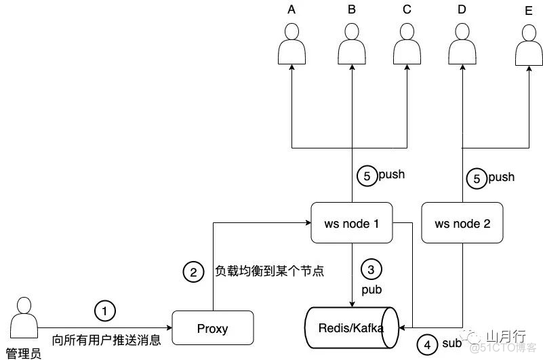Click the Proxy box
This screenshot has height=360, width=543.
pos(213,329)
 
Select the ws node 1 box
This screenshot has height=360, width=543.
pos(351,222)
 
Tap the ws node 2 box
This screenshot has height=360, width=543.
pos(462,223)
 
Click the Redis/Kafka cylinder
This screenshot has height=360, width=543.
pos(351,327)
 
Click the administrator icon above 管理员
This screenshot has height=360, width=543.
pos(22,319)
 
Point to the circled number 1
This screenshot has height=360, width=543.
pos(104,311)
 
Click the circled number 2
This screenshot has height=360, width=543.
pos(193,272)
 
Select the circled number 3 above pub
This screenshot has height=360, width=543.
pos(370,268)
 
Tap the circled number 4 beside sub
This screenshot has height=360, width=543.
pos(427,345)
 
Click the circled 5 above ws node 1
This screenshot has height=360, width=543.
pos(367,176)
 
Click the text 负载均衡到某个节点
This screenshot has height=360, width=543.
pos(269,271)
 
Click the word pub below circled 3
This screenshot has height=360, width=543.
pos(371,290)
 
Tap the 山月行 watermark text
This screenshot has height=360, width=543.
pos(502,334)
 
